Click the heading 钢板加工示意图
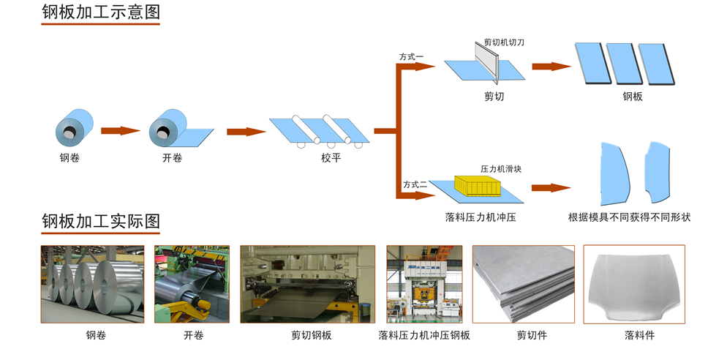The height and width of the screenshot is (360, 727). point(100,12)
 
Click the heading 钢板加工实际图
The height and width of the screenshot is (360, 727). point(100,221)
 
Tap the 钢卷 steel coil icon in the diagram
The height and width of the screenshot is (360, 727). point(74,129)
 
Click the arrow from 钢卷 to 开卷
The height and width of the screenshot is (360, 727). point(120,131)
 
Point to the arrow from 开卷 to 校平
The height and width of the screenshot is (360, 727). point(246,132)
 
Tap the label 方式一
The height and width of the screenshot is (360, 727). point(411,56)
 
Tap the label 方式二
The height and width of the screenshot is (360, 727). point(414,184)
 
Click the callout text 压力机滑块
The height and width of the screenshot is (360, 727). point(501,169)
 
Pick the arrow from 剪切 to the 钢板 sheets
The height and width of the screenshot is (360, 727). point(551,67)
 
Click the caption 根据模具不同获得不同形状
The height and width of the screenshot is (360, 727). point(629,217)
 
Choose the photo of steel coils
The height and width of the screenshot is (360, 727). point(92,284)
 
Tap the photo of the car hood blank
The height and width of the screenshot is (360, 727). point(633,284)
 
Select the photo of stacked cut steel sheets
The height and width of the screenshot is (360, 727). point(523,284)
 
